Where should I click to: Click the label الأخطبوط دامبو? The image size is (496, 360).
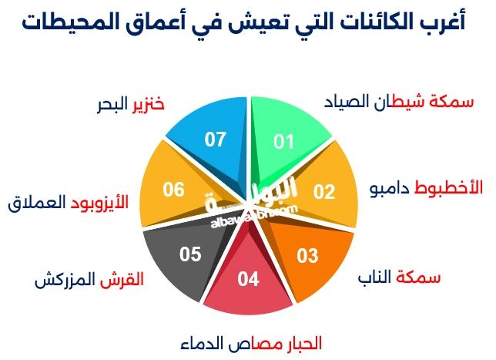click(426, 188)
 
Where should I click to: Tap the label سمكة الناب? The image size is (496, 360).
click(400, 277)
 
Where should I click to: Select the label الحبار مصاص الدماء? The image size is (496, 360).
click(251, 342)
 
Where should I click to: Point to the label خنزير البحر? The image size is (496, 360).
click(131, 104)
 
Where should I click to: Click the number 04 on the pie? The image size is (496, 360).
click(249, 279)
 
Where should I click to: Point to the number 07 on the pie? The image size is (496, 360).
click(215, 140)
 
